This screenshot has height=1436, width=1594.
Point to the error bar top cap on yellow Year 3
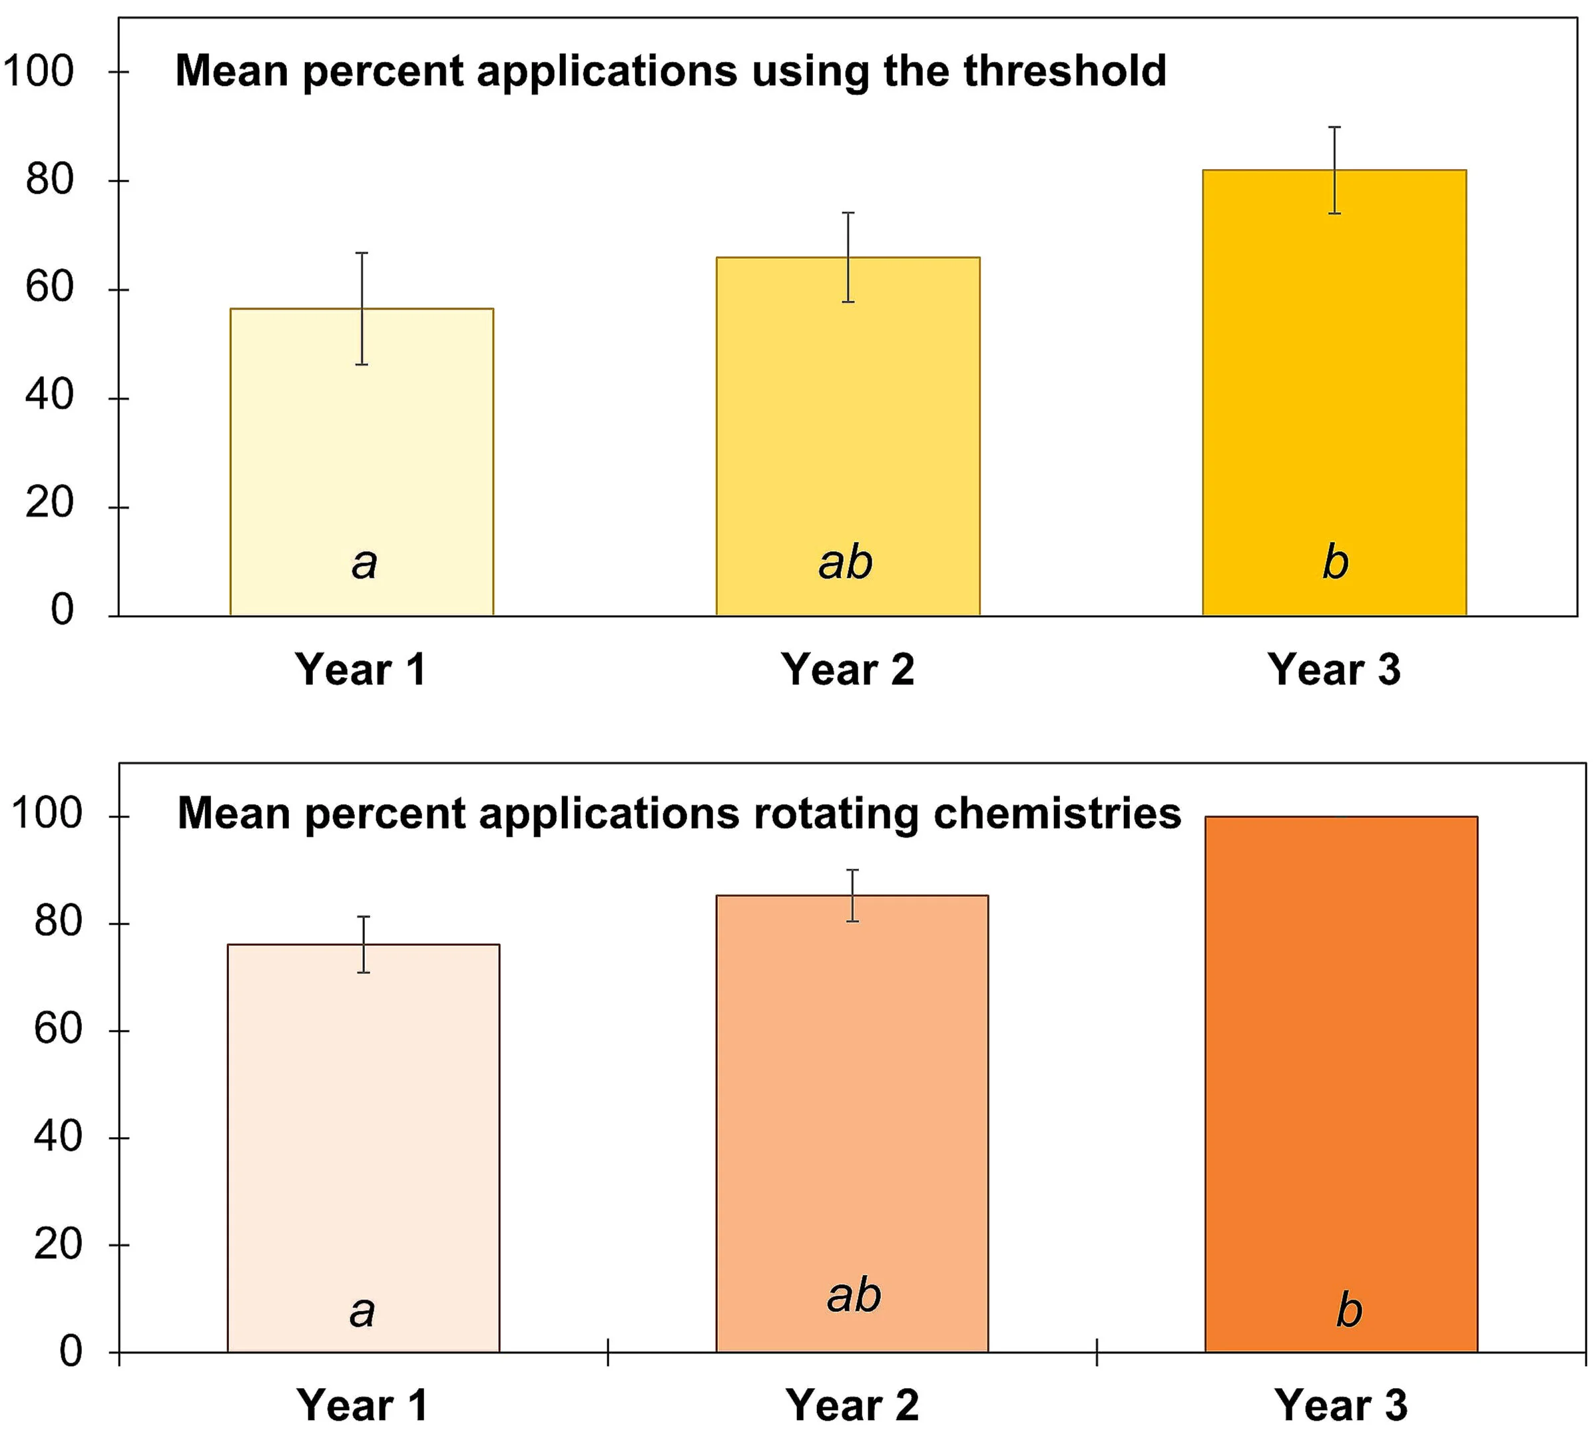1334,127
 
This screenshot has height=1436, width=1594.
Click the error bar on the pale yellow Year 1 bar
362,308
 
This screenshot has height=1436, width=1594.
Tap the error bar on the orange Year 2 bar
852,895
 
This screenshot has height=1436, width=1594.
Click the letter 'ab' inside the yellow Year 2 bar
845,563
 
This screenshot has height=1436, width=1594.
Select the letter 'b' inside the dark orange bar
1348,1311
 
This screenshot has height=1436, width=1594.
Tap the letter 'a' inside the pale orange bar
362,1312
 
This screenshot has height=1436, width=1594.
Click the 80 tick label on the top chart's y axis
49,180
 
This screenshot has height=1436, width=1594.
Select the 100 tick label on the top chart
38,71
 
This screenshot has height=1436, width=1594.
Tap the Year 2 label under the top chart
848,669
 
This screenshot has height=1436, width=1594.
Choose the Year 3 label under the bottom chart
1341,1405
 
